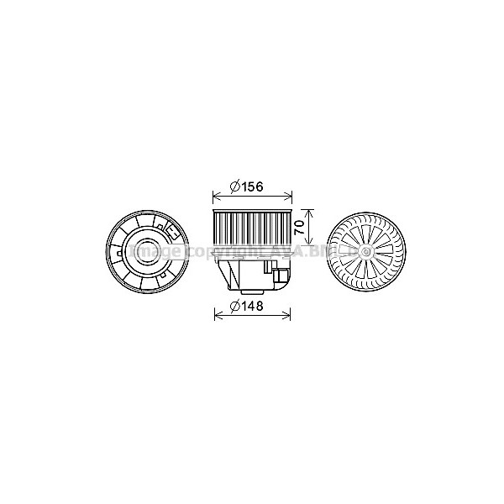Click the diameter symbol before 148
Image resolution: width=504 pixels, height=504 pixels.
tap(236, 307)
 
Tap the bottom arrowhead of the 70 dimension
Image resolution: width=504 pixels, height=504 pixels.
tap(309, 243)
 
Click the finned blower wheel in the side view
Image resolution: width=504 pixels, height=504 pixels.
tap(252, 227)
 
